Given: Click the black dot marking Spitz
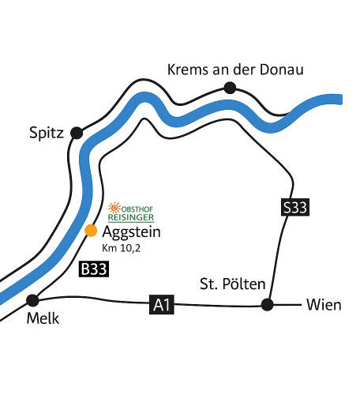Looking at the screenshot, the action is coord(77,133).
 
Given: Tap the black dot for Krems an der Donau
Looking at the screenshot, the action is coord(230,88).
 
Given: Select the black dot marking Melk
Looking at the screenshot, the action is coord(32,300).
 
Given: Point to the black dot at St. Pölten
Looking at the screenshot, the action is coord(268,305).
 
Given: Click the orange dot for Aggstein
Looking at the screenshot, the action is coord(91,231).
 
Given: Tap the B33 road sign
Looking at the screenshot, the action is coord(94,269).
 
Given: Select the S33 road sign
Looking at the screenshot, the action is coord(295,207).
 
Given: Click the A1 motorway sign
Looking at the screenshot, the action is coord(162,305).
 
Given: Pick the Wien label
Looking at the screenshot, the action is coord(324,305).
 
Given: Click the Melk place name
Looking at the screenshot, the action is coord(43,318).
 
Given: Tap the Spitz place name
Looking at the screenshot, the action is coord(47,133).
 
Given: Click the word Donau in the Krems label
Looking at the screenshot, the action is coord(282,70).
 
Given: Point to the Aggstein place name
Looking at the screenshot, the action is coord(131,233).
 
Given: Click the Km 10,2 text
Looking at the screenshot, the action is coord(122,248).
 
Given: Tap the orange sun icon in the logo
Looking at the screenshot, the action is coord(114,208).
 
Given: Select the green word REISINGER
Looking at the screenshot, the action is coord(131,217).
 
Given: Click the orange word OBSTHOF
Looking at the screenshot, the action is coord(137,209).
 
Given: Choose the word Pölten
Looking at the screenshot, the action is coord(244,284).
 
